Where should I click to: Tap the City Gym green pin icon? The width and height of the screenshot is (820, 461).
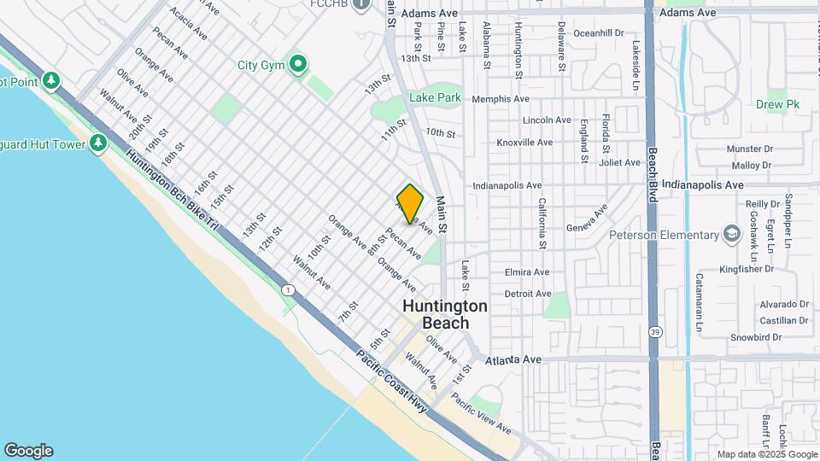click(298, 64)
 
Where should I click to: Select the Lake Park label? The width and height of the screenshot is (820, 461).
click(435, 98)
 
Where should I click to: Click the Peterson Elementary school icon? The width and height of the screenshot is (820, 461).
click(732, 235)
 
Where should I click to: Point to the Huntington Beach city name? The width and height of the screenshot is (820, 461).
click(445, 314)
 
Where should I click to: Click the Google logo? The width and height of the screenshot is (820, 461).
click(28, 451)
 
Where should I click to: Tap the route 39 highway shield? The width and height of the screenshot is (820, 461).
click(655, 330)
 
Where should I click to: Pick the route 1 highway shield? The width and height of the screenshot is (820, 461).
click(289, 291)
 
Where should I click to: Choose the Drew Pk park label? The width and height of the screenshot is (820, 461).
click(777, 104)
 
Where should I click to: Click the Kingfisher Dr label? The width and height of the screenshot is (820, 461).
click(745, 268)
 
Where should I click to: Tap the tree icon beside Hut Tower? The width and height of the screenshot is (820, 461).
click(98, 143)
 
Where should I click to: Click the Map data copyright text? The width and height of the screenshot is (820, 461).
click(766, 454)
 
